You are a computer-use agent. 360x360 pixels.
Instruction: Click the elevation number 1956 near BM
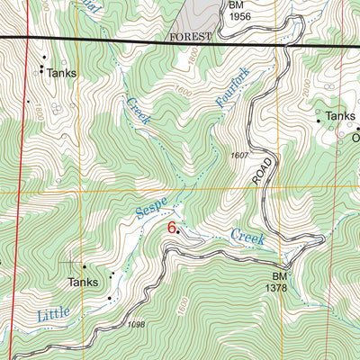(239, 16)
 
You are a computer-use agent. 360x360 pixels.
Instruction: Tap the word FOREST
(190, 37)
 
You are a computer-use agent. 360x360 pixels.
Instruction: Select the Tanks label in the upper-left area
(62, 74)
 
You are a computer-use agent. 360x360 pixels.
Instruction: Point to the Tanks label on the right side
(341, 116)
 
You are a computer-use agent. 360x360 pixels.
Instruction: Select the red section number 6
(171, 229)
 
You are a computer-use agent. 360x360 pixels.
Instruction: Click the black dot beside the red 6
(178, 232)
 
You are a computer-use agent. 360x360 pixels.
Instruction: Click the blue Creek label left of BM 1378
(248, 238)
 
